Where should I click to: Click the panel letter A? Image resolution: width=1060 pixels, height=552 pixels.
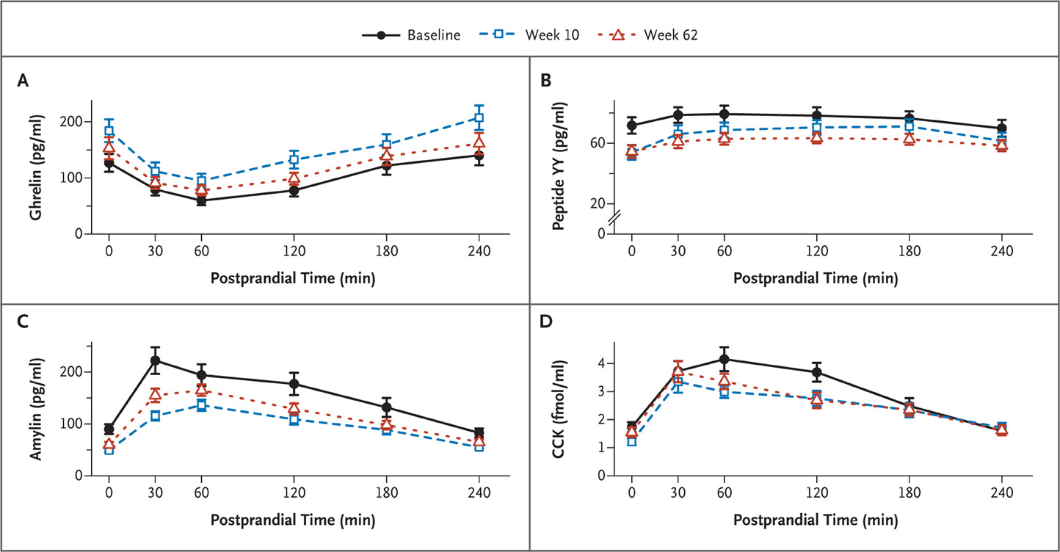pos(23,82)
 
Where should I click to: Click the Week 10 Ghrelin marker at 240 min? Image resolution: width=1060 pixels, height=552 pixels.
pos(479,117)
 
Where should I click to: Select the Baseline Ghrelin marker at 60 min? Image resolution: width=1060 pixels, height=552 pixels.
pos(201,200)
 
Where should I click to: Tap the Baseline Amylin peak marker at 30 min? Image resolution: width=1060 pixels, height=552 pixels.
pos(155,360)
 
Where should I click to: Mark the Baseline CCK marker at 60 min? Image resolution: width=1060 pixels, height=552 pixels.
pos(724,359)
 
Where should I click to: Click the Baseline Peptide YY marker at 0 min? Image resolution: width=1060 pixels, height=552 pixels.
pos(631,126)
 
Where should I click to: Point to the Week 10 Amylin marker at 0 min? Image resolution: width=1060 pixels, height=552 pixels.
pos(109,449)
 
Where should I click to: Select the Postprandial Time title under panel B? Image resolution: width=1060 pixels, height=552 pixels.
pos(815,278)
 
